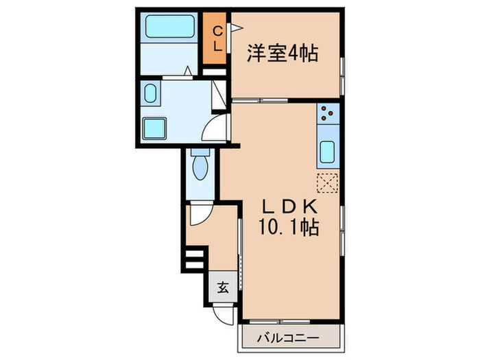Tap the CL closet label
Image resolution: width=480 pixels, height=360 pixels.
(215, 38)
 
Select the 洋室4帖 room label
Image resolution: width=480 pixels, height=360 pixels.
(283, 53)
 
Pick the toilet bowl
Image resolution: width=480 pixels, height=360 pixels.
(200, 165)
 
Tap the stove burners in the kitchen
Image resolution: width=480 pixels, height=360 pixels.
(327, 113)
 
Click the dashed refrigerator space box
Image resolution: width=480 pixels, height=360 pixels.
(327, 182)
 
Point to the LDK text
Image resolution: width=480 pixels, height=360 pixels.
(288, 206)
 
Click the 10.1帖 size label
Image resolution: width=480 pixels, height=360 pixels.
(288, 228)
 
